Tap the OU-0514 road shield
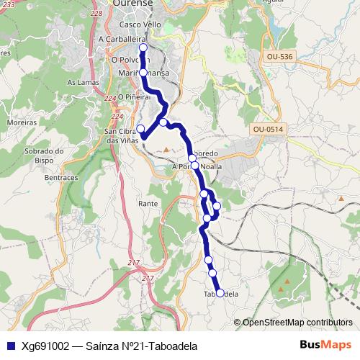(269, 129)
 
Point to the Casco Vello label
(142, 24)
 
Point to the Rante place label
(148, 204)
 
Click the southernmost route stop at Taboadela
(220, 293)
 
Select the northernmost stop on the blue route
(143, 48)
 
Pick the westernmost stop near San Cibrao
(141, 129)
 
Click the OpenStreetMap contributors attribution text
(297, 323)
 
